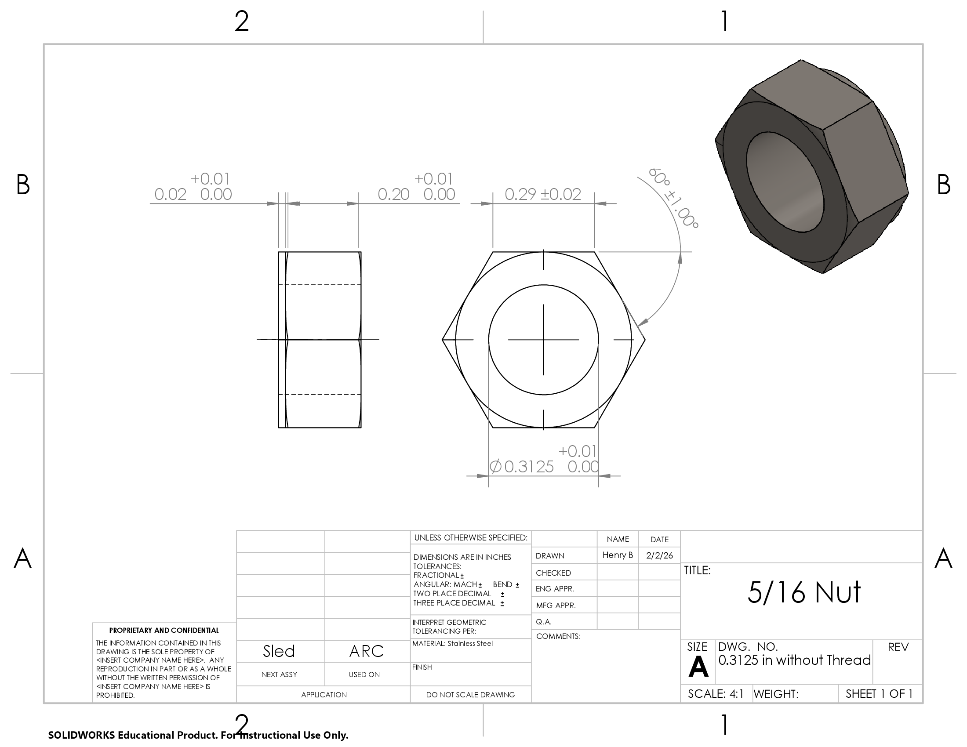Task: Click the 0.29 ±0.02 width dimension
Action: [x=543, y=194]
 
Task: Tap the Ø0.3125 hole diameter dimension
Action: [x=544, y=459]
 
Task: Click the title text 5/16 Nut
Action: [x=804, y=592]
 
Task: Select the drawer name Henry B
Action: [x=618, y=555]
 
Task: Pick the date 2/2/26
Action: [x=659, y=555]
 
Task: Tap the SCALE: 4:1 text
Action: [x=716, y=694]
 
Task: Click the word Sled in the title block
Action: [x=279, y=651]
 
